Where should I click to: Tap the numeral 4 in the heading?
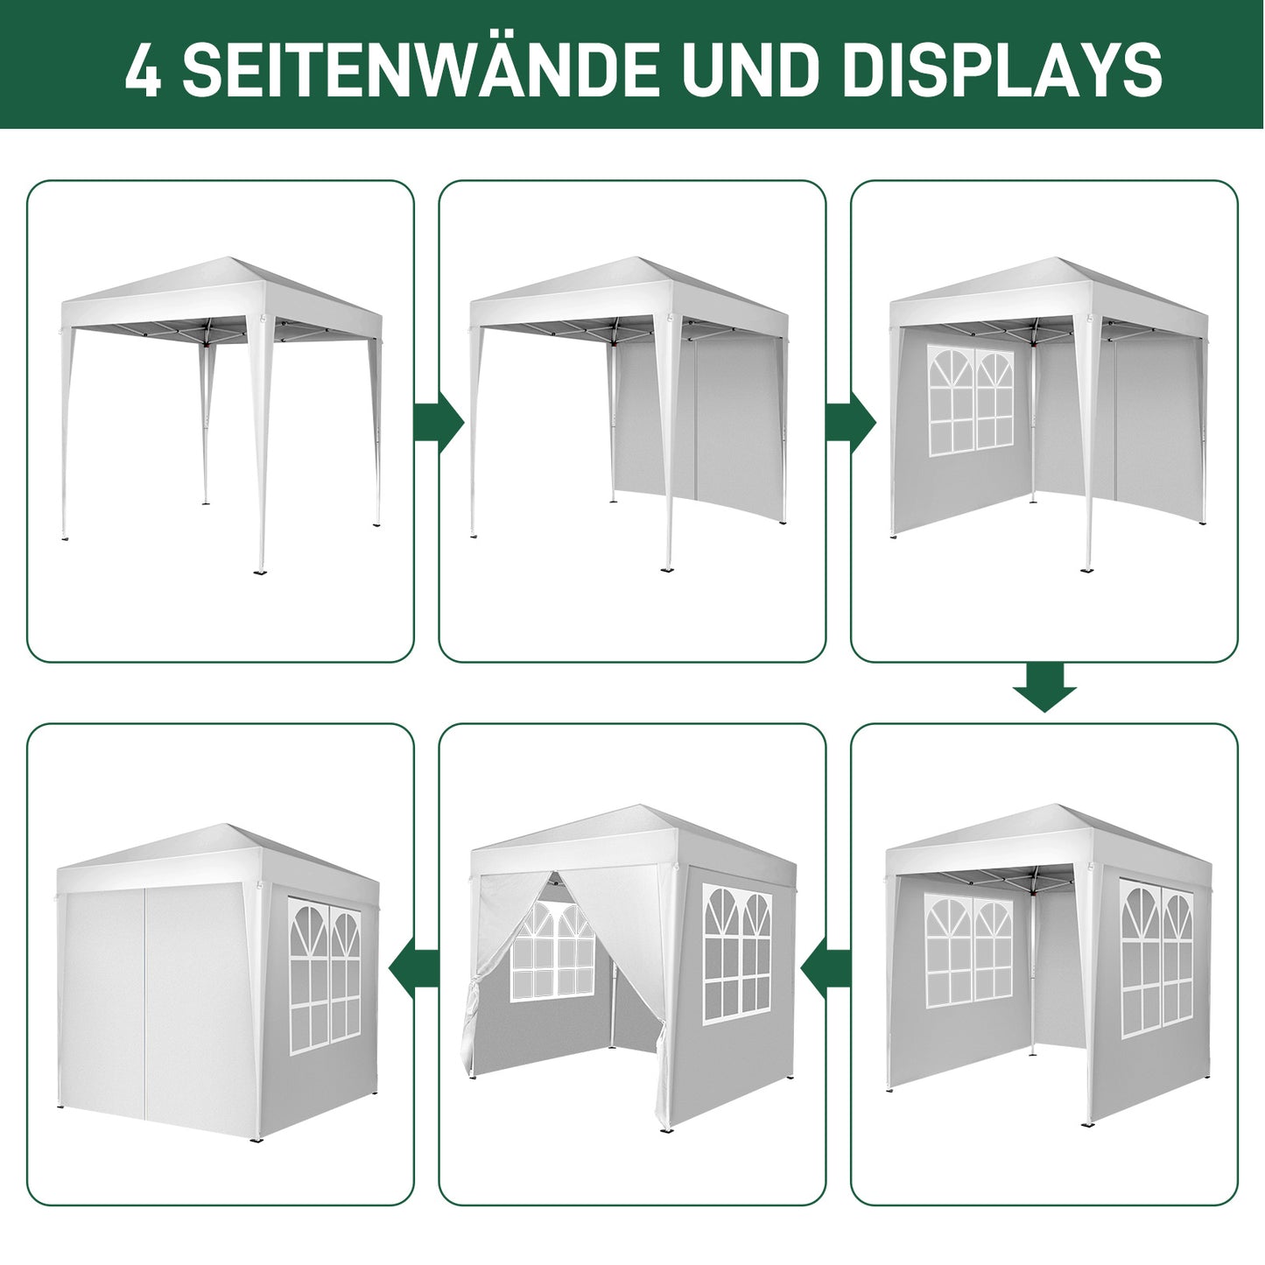click(143, 70)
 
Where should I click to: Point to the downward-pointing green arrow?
click(1044, 687)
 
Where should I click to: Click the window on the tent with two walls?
click(971, 401)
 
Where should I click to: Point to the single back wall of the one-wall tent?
click(696, 420)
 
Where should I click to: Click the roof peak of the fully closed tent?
click(229, 827)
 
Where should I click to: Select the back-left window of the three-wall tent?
click(968, 949)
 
